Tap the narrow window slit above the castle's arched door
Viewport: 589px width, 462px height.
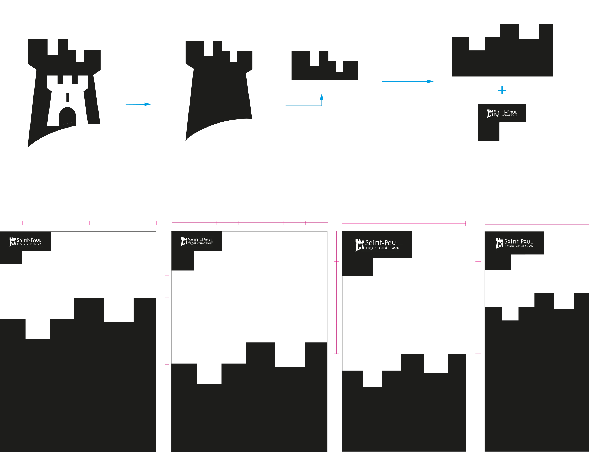tap(69, 97)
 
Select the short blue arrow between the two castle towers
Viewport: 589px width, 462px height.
tap(138, 104)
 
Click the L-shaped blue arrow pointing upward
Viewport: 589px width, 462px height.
tap(305, 106)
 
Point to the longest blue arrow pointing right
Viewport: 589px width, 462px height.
tap(408, 81)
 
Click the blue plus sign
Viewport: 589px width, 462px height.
tap(502, 91)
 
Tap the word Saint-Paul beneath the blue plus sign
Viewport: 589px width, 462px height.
tap(505, 112)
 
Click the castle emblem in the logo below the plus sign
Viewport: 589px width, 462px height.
tap(490, 114)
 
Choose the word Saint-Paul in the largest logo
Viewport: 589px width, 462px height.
tap(382, 243)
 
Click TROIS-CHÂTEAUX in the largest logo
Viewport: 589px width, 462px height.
tap(382, 248)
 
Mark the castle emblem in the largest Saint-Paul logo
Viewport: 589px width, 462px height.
tap(359, 245)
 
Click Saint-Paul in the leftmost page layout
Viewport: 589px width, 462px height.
tap(29, 240)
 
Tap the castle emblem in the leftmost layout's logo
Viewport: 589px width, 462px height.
tap(13, 242)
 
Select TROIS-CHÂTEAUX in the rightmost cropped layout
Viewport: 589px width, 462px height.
tap(518, 246)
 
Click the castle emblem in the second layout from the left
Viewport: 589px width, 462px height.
tap(184, 241)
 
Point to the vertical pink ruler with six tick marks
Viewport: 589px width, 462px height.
tap(167, 308)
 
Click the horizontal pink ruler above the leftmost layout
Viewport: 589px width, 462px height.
tap(78, 224)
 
